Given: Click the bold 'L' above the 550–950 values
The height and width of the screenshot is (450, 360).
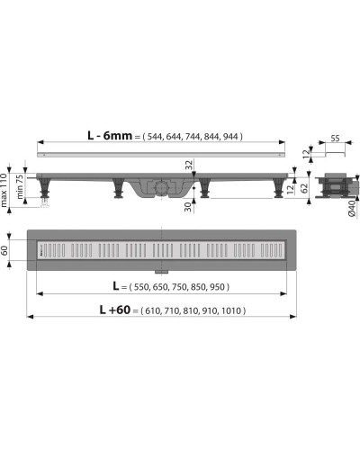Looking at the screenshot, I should coord(116,285).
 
